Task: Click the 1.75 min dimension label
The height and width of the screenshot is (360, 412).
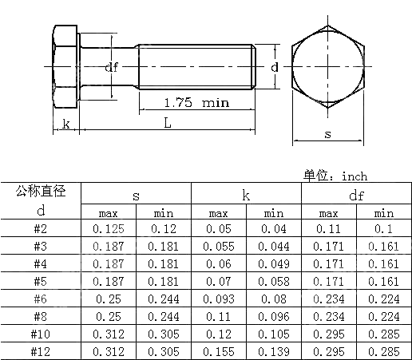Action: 196,102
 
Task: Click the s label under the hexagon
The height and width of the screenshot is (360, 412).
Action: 327,134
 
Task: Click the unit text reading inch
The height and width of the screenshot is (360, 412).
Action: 354,176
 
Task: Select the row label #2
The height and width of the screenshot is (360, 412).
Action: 41,229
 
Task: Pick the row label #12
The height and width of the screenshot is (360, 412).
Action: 41,350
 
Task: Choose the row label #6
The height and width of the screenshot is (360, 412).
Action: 41,299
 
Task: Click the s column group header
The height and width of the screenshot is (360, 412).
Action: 136,194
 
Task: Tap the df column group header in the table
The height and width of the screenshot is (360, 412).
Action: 355,194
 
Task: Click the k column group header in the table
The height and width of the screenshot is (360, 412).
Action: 245,194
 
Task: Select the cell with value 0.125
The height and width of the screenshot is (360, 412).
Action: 109,229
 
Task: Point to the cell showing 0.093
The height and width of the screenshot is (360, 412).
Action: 218,299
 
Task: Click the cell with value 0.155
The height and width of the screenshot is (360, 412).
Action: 218,350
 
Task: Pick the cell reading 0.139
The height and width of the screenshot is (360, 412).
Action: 273,350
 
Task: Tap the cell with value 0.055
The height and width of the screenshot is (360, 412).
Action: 218,246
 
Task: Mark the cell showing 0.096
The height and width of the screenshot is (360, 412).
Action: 273,315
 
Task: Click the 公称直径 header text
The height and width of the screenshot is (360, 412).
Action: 41,192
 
